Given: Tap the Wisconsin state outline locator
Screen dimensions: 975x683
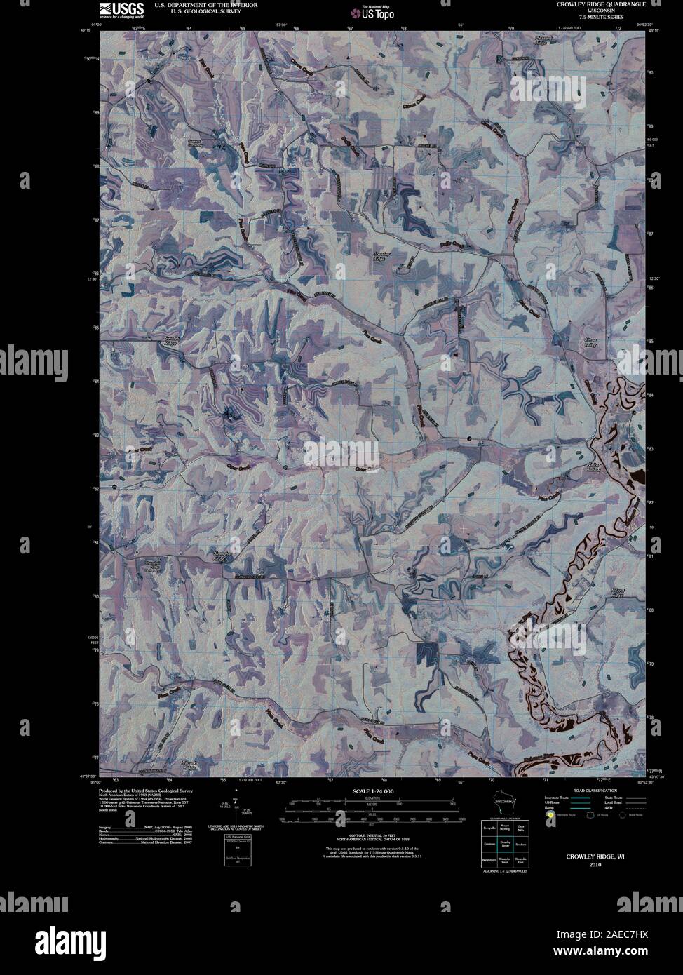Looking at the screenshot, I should point(503,801).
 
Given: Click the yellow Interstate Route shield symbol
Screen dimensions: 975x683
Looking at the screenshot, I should point(550,815).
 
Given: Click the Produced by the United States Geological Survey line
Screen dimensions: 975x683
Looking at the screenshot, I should point(146,791).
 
